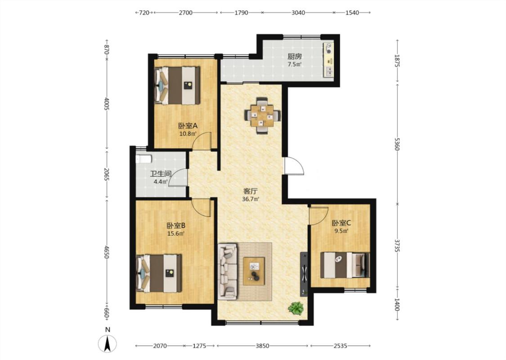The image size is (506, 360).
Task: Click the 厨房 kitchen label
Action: coord(294,56)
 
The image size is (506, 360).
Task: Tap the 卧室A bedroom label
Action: coord(188,126)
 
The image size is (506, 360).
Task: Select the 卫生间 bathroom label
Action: coord(161,174)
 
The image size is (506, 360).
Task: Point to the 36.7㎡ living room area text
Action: coord(251,199)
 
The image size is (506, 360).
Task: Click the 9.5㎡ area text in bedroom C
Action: coord(341,231)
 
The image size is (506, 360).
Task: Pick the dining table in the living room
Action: coord(262,115)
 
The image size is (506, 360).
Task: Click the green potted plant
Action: coord(296,308)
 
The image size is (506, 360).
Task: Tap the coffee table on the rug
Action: coord(254,271)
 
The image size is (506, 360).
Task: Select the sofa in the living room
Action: coord(228,271)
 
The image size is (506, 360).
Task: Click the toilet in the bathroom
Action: coord(143,159)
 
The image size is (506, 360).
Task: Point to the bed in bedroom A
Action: coord(177,85)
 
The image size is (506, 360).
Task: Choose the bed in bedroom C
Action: coord(345,265)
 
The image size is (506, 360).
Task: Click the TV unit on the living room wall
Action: coord(304,274)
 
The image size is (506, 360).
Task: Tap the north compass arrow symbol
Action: coord(107,343)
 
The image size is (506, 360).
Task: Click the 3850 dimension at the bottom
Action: coord(262,346)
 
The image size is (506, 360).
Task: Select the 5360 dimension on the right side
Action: coord(397,144)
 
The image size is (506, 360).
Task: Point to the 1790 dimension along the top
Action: coord(241,13)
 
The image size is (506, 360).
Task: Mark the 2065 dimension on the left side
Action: coord(107,174)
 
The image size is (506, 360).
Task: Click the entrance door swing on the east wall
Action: coord(294,166)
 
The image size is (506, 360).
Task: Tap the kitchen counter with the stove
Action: coord(328,60)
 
